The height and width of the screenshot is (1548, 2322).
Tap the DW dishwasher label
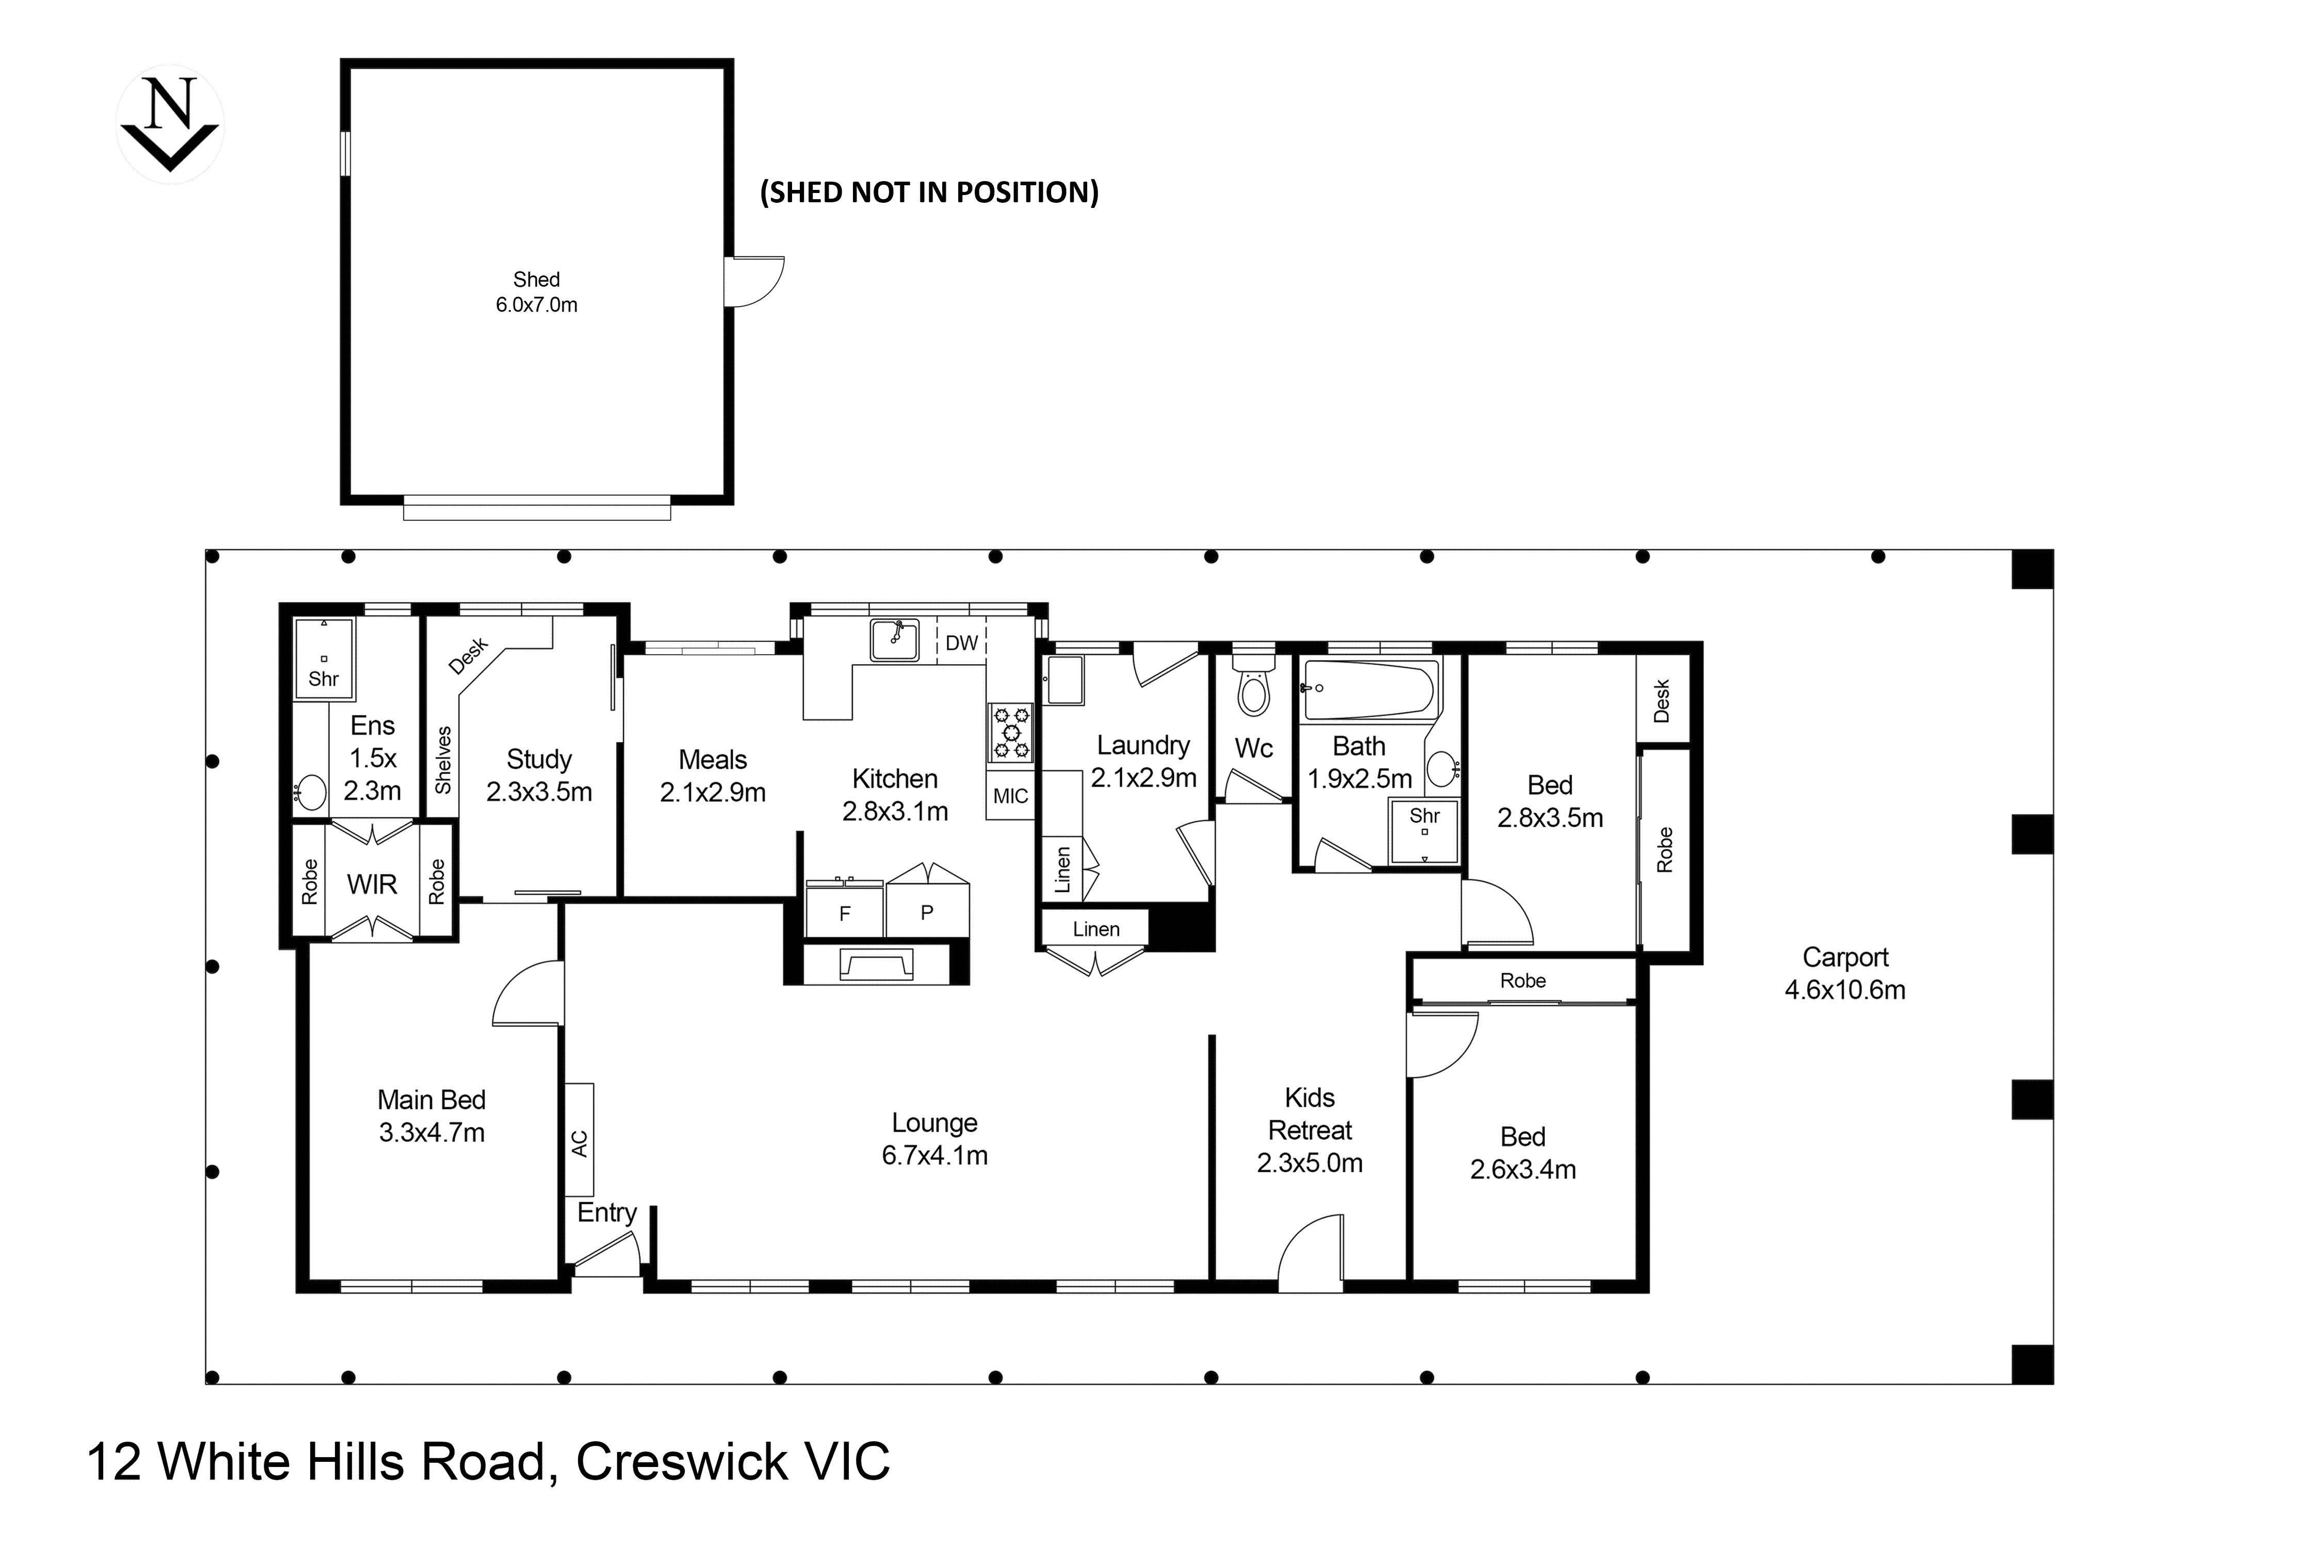961,643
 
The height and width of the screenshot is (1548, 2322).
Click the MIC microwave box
1010,796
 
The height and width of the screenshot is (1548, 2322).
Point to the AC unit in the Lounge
579,1140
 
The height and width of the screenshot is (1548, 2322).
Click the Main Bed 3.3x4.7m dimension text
431,1133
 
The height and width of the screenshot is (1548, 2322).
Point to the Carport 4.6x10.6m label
1844,973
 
